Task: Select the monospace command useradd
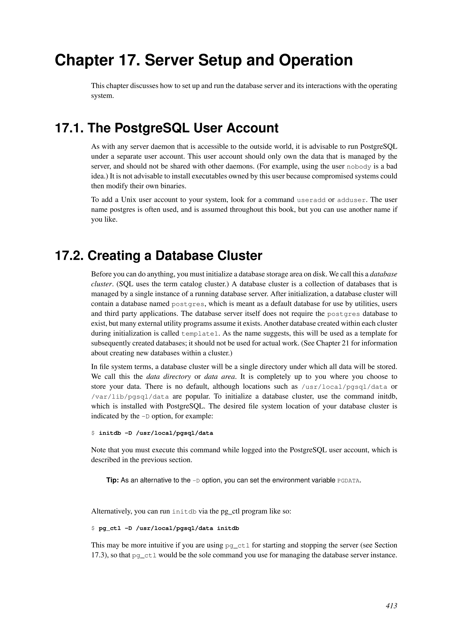point(311,200)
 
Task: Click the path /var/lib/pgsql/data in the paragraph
point(130,397)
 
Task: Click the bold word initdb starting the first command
point(110,433)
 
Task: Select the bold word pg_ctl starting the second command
point(110,528)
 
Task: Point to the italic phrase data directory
point(168,377)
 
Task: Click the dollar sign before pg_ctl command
point(93,528)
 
